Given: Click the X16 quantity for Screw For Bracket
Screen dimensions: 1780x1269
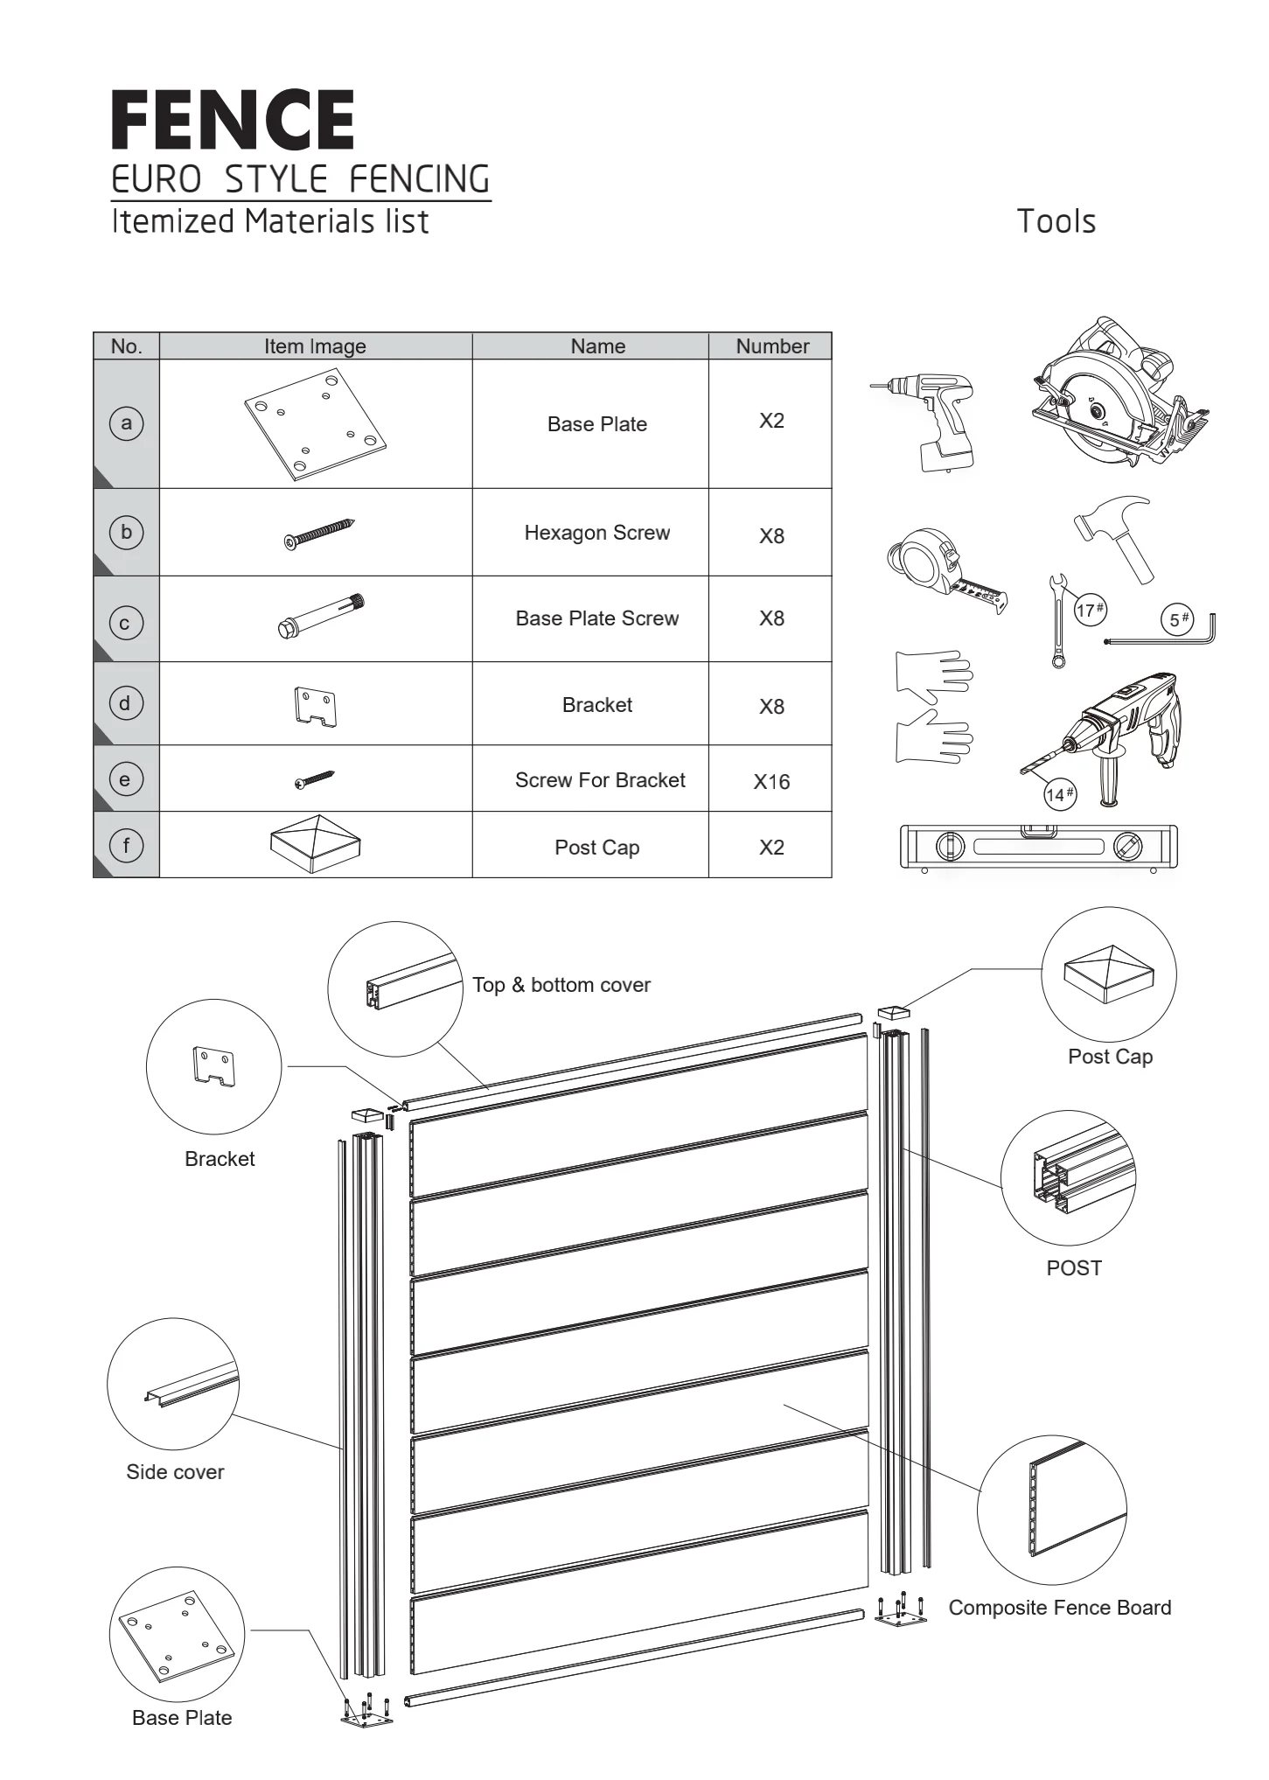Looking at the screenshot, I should tap(771, 781).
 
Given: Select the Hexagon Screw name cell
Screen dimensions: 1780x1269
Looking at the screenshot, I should tap(597, 533).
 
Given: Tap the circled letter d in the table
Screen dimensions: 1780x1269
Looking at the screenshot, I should tap(125, 703).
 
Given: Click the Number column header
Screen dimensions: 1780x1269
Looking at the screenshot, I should tap(772, 346).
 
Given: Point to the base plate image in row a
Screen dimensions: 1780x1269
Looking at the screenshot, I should tap(315, 424).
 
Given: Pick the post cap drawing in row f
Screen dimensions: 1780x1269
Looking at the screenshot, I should tap(316, 846).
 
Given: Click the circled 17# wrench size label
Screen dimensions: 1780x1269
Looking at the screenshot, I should tap(1090, 610).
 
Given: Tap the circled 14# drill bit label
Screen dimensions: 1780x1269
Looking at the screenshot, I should tap(1059, 794).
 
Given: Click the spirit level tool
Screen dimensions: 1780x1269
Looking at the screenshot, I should tap(1039, 847).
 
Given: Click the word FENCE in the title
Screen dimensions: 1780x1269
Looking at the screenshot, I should tap(233, 120).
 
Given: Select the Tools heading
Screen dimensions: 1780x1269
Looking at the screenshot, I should tap(1056, 221).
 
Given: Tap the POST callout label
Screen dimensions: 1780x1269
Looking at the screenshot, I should tap(1074, 1268).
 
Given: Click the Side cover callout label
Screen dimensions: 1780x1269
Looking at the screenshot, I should tap(175, 1472).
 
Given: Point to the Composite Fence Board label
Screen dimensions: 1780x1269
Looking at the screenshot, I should tap(1059, 1608).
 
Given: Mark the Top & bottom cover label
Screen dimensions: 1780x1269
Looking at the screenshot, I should tap(561, 985).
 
